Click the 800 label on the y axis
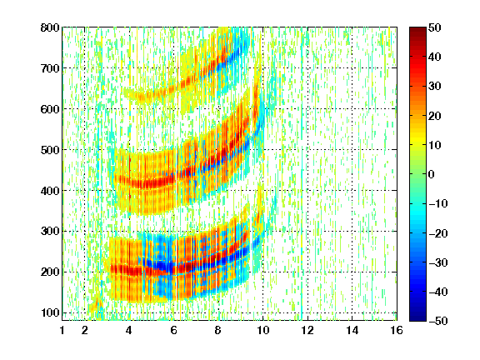(x=50, y=27)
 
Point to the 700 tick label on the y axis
(x=50, y=68)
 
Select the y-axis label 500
(x=50, y=150)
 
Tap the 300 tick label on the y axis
(x=50, y=231)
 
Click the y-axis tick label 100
(x=50, y=312)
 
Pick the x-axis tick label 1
(x=62, y=330)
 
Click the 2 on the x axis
(x=85, y=330)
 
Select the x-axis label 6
(x=174, y=330)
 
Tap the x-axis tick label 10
(x=263, y=330)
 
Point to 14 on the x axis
(x=352, y=330)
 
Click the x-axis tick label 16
(x=397, y=330)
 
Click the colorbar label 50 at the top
(x=435, y=27)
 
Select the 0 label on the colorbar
(x=432, y=174)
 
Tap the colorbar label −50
(x=438, y=321)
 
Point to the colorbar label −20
(x=438, y=233)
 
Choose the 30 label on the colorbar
(x=435, y=87)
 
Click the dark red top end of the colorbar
(x=417, y=29)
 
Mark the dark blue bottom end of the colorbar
(x=417, y=318)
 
